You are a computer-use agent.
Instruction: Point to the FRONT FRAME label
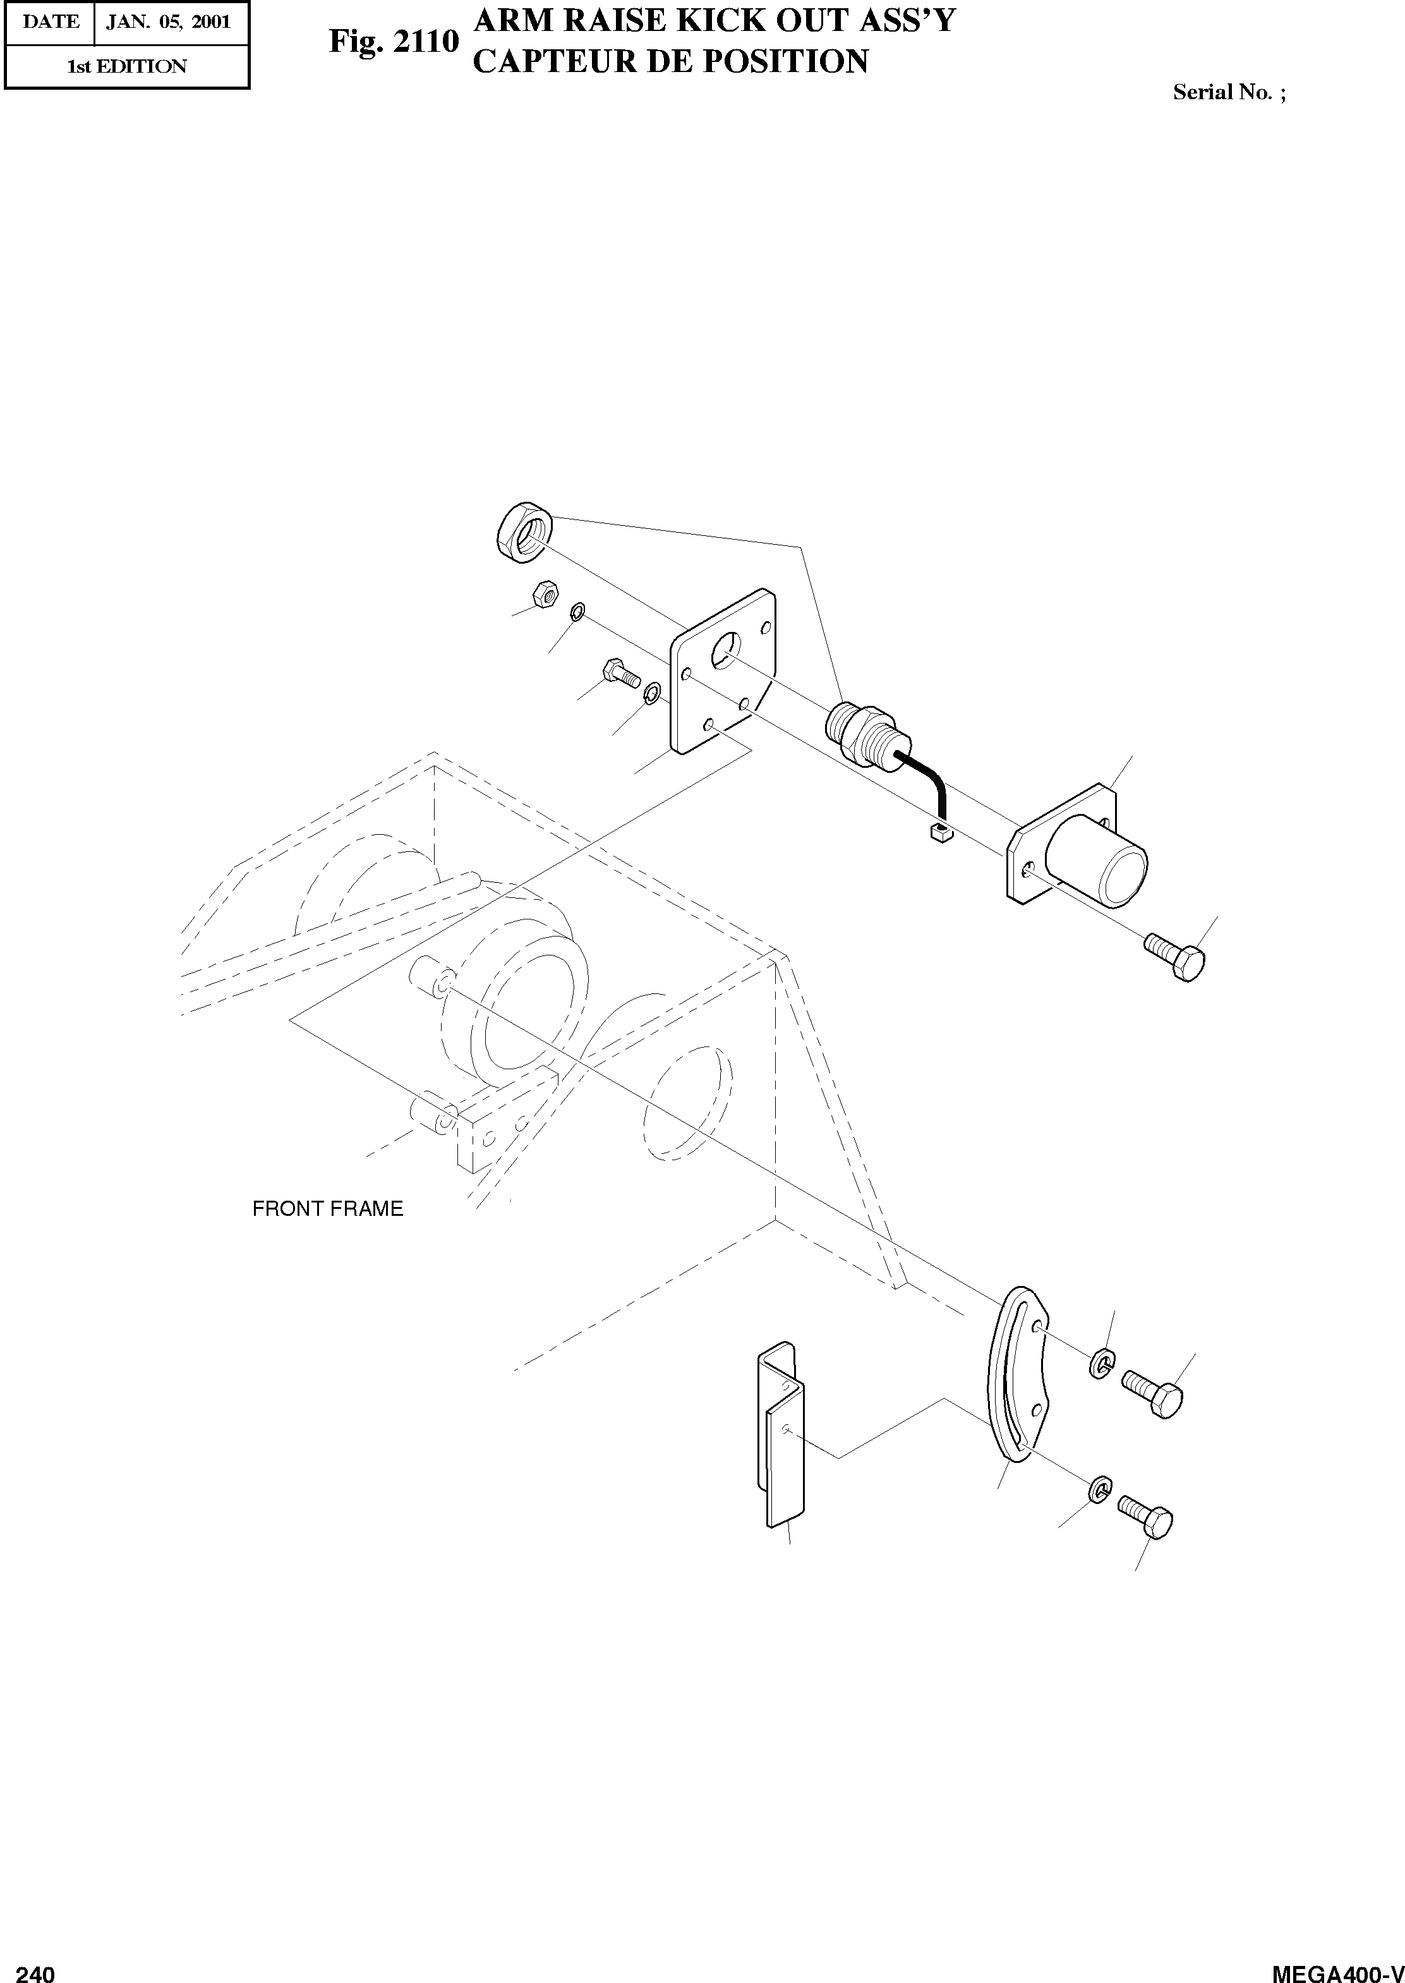tap(327, 1209)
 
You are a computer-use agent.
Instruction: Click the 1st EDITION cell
tap(127, 66)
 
